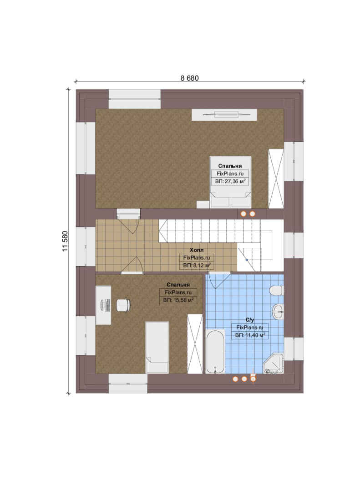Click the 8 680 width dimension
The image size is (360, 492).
point(189,78)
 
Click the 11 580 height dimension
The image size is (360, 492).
point(65,241)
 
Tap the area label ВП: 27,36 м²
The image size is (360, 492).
point(230,181)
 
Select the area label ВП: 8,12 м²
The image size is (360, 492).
point(197,266)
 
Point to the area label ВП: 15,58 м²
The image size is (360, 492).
point(178,300)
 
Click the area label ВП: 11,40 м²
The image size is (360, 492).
point(250,335)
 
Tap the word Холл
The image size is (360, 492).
point(197,250)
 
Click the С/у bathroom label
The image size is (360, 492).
point(249,320)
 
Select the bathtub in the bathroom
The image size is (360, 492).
point(215,351)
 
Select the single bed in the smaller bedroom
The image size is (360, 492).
point(157,347)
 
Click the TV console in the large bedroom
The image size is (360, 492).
point(224,114)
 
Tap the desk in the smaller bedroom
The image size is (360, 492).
point(103,305)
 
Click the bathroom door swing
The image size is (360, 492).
point(218,280)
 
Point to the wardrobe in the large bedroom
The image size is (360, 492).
point(276,179)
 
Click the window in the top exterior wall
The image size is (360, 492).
point(135,99)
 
